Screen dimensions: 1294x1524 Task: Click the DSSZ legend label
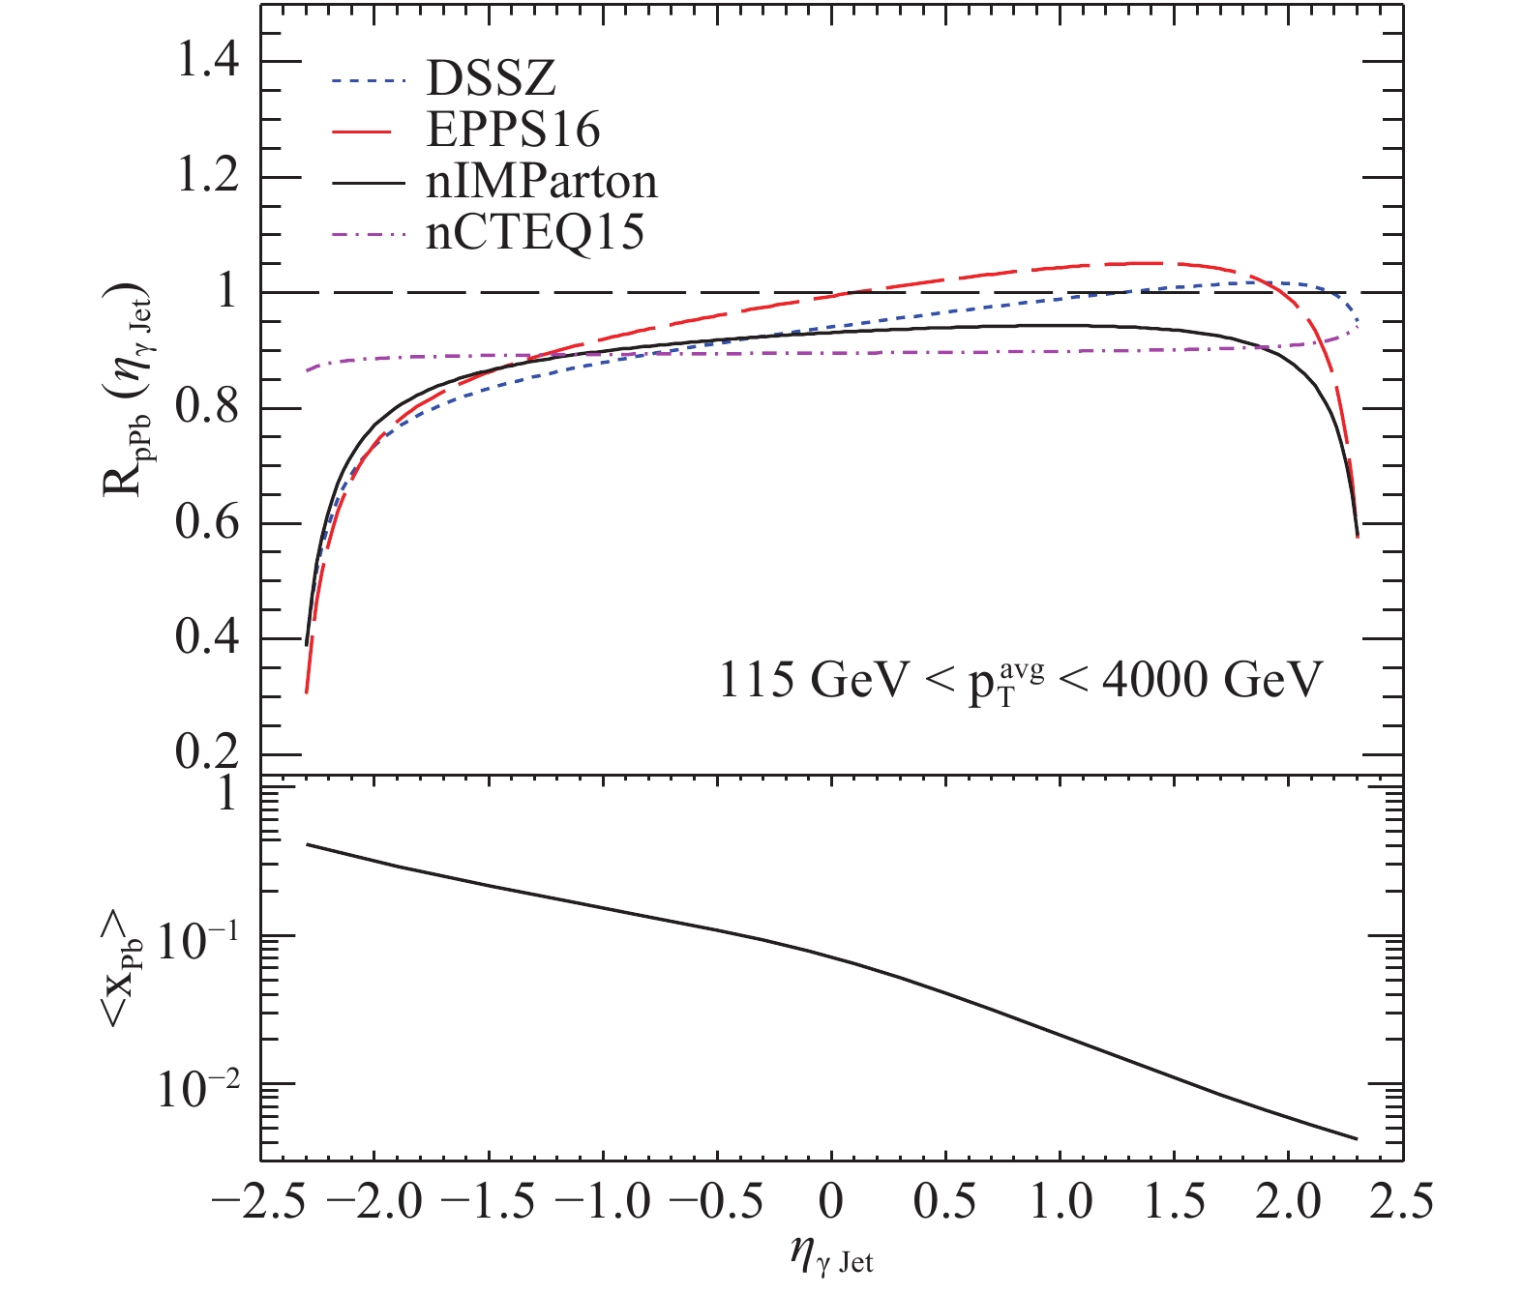[492, 78]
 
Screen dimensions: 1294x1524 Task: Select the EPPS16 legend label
[513, 130]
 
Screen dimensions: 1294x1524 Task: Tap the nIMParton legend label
[542, 181]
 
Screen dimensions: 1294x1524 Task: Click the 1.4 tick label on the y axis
[206, 62]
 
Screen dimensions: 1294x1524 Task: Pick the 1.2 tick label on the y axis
[206, 178]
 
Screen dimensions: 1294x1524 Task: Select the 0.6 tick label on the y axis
[206, 523]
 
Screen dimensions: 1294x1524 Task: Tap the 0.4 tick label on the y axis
[206, 639]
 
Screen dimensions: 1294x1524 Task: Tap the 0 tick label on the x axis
[830, 1202]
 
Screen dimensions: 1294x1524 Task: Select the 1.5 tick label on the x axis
[1175, 1202]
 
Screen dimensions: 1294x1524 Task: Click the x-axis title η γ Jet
[831, 1256]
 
